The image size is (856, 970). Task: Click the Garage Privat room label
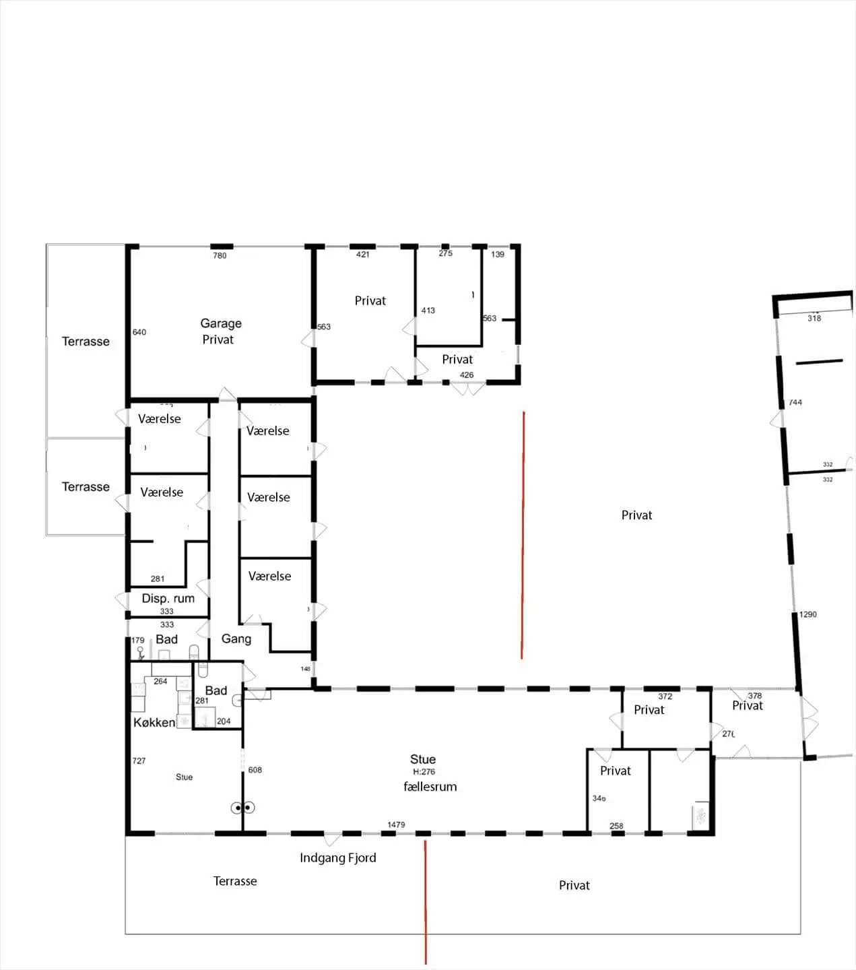tap(220, 331)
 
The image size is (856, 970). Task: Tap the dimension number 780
tap(220, 256)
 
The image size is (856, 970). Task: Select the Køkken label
tap(154, 722)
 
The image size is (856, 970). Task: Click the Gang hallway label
tap(236, 639)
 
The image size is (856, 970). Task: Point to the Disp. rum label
tap(168, 598)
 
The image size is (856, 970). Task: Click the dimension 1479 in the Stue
tap(396, 825)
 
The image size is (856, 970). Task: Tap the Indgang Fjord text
tap(338, 858)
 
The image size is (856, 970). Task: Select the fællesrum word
tap(430, 786)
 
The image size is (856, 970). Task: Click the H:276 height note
tap(424, 772)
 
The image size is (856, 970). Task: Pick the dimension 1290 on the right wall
tap(808, 614)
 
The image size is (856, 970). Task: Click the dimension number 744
tap(795, 402)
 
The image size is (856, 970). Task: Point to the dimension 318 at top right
tap(814, 319)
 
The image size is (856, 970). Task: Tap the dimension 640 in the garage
tap(139, 332)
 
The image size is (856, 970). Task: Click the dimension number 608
tap(255, 770)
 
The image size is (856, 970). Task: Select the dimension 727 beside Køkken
tap(139, 761)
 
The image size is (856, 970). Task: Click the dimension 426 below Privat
tap(467, 375)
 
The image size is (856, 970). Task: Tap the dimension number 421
tap(363, 255)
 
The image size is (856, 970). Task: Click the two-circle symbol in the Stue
tap(242, 808)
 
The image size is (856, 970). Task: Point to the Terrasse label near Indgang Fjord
tap(235, 881)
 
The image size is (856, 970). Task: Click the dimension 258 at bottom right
tap(616, 826)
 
